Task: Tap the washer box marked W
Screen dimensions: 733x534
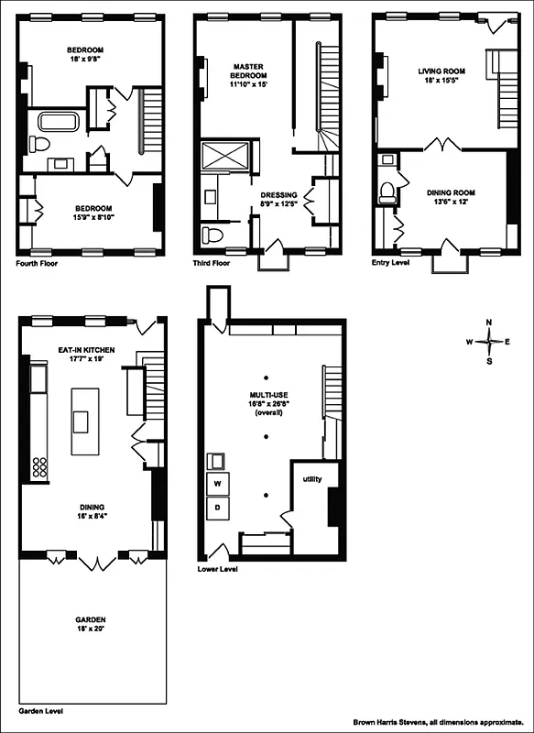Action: click(218, 483)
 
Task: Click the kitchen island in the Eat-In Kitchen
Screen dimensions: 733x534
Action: click(80, 421)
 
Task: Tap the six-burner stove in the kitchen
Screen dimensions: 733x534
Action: click(40, 468)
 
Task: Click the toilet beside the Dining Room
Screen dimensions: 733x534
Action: click(387, 191)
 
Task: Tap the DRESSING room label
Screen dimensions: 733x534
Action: click(278, 193)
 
